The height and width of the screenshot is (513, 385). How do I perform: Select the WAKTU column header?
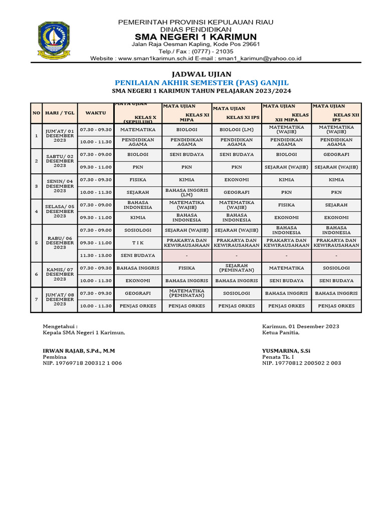tap(95, 113)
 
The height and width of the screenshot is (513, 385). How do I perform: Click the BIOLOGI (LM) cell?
tap(237, 129)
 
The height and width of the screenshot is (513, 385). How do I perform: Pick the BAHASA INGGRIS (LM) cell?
tap(186, 192)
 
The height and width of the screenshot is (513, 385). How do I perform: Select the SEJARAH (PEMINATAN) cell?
tap(237, 268)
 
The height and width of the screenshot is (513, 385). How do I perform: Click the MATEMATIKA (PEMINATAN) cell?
tap(186, 293)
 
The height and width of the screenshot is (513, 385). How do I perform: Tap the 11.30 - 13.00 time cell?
tap(95, 255)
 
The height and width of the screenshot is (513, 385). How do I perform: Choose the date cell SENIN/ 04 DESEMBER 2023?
tap(59, 186)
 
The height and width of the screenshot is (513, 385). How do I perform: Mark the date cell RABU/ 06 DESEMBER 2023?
tap(59, 243)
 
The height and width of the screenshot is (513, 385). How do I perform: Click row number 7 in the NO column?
tap(36, 300)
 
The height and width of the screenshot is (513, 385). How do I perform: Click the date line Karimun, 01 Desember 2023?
tap(301, 327)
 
